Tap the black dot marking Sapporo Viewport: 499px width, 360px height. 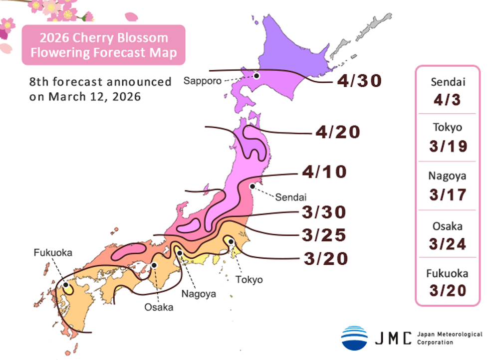tap(256, 76)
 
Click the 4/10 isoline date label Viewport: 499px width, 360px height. tap(324, 173)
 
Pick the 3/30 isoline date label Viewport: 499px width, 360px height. tap(324, 212)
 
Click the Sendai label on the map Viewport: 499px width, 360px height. tap(289, 196)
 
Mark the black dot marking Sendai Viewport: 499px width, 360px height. tap(252, 186)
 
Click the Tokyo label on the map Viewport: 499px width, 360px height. tap(249, 279)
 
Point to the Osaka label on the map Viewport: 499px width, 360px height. tap(159, 307)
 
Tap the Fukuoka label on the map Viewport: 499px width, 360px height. tap(53, 253)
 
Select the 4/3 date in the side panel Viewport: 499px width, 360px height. tap(447, 100)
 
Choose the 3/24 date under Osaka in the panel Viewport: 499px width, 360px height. tap(447, 244)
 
